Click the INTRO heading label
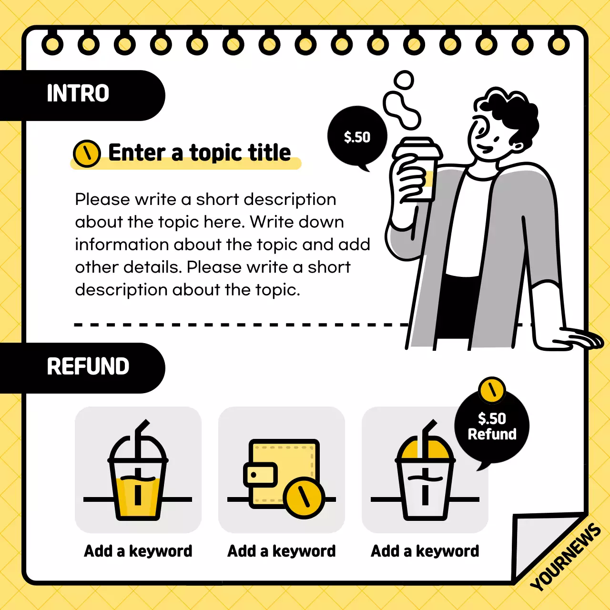(78, 93)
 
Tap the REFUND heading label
(88, 366)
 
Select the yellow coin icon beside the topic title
(87, 153)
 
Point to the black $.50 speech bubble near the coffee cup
(357, 137)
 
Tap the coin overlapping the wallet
(304, 498)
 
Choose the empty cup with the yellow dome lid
(425, 481)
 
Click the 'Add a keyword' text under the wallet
(282, 551)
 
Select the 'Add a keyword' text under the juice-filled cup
(138, 551)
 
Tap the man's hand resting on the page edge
(577, 338)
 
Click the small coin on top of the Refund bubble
(492, 390)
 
